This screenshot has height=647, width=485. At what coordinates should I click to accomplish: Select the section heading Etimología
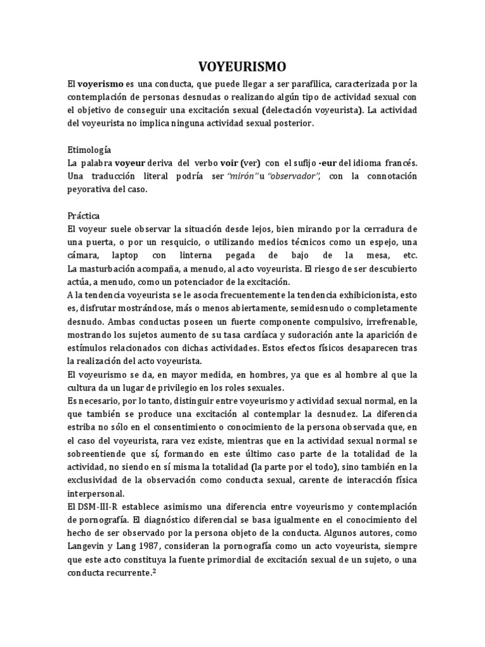[x=89, y=150]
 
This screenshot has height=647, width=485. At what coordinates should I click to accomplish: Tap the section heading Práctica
[x=84, y=215]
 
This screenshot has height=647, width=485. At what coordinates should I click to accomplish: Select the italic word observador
[x=294, y=176]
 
